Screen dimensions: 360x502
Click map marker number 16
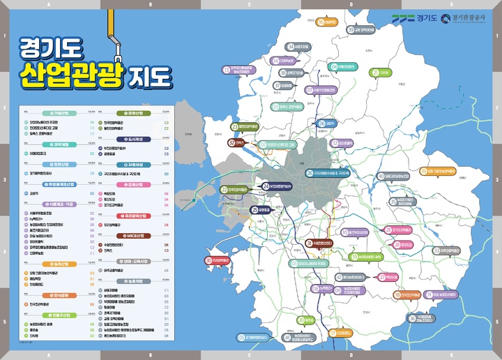coord(322,22)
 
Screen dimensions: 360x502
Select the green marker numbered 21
coord(375,72)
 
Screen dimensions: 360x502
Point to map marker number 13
coord(226,69)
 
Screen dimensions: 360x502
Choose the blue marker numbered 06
coord(321,123)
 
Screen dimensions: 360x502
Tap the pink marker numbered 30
coord(208,260)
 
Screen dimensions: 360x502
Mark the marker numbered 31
coord(310,243)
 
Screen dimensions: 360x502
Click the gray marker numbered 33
coord(436,250)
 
